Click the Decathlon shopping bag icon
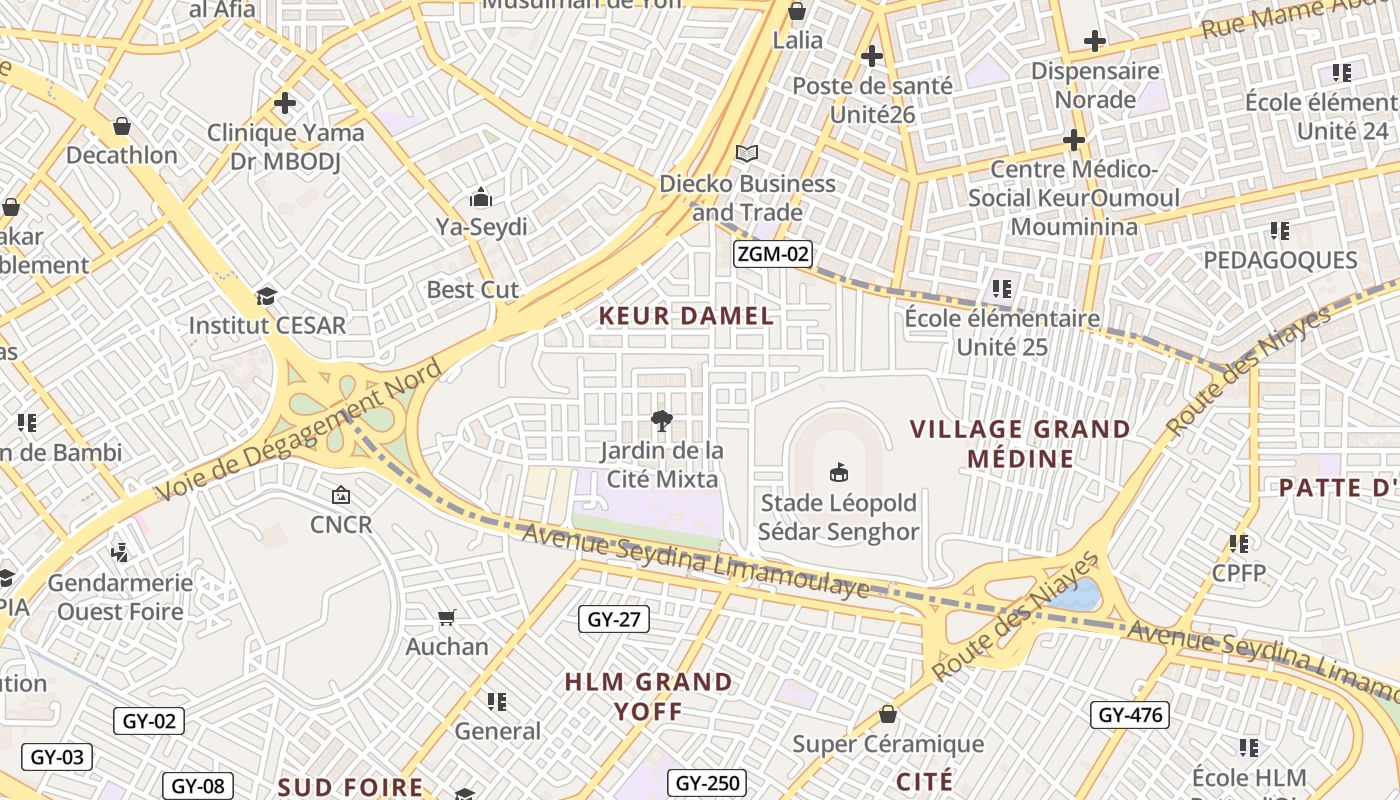coord(122,126)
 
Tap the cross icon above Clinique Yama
coord(285,103)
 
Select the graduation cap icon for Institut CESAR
coord(266,296)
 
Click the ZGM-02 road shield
coord(772,254)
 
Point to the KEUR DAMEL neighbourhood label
coord(686,317)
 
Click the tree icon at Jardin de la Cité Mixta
coord(661,420)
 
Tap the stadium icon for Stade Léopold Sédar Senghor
coord(838,472)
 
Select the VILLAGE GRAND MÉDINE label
coord(1020,444)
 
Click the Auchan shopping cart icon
coord(447,617)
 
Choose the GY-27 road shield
coord(614,620)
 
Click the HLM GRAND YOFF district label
coord(648,697)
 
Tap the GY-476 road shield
coord(1130,715)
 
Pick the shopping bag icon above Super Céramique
coord(887,714)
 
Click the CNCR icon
coord(341,494)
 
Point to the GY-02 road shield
coord(148,721)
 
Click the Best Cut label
coord(473,290)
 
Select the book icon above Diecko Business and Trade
coord(747,153)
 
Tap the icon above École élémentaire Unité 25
coord(1002,289)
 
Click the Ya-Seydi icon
coord(481,196)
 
